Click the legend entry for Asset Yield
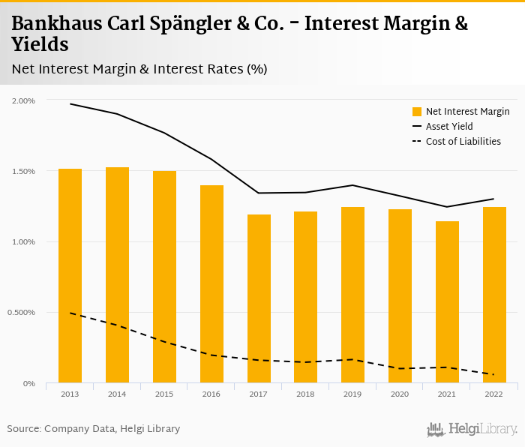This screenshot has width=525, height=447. pos(449,127)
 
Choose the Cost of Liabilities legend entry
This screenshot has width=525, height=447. pos(463,141)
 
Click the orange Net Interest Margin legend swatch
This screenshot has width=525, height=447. pos(417,112)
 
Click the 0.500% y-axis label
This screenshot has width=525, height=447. pos(22,313)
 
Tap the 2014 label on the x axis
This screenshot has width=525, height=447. pos(117,394)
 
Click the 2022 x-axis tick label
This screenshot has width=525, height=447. pos(494,394)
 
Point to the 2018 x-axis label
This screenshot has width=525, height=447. pos(305,394)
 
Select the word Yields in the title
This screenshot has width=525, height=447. pos(40,45)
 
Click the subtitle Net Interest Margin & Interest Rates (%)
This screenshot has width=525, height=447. pos(139,69)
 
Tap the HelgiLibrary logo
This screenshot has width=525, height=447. pos(472,429)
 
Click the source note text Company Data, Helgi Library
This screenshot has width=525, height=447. pos(112,428)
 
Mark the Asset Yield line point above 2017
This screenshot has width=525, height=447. pos(259,193)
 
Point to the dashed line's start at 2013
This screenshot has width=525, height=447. pos(70,313)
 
